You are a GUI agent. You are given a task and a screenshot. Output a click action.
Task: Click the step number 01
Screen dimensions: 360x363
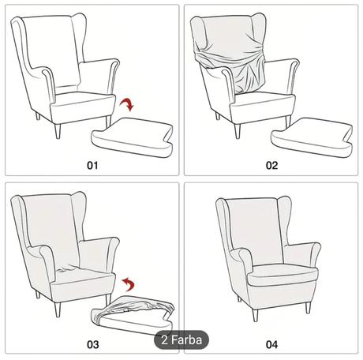[92, 165]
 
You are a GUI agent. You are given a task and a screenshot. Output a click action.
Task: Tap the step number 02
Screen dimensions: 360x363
[271, 165]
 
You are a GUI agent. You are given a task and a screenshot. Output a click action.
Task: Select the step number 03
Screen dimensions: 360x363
[92, 345]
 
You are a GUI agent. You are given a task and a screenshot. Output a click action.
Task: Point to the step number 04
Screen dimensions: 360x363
[271, 345]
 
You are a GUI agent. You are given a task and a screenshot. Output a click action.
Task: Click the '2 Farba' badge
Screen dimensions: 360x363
[181, 341]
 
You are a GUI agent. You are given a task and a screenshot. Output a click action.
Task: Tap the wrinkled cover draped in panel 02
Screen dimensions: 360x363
[229, 59]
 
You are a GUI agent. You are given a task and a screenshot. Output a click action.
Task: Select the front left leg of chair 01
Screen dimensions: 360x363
[57, 129]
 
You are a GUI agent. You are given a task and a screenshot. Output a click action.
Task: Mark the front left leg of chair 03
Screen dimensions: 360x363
[57, 308]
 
